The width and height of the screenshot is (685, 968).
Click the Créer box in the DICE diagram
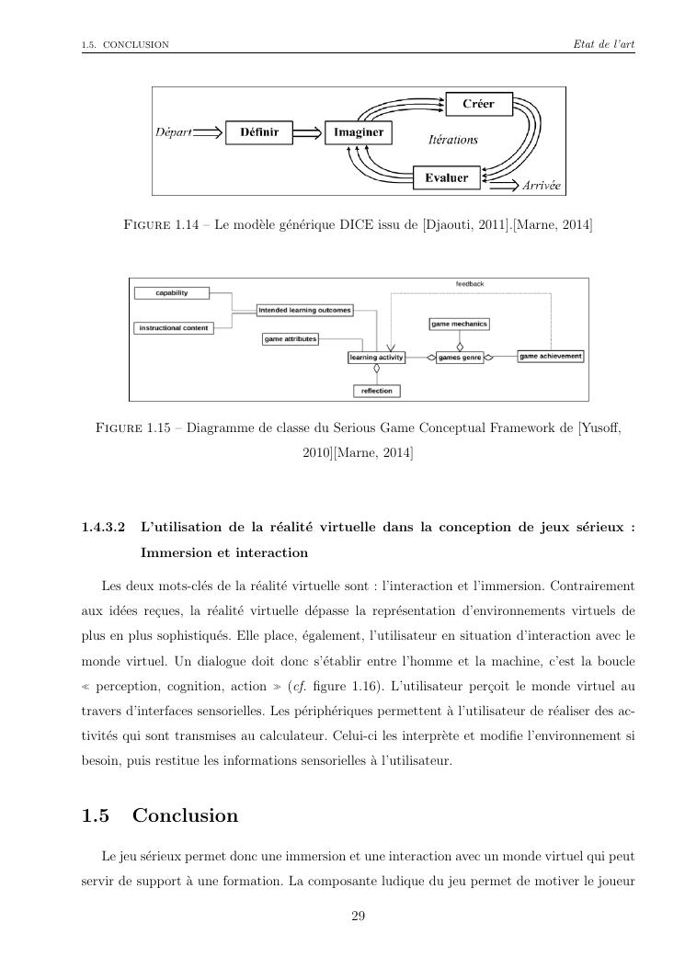point(477,104)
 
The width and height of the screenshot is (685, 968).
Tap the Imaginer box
point(359,133)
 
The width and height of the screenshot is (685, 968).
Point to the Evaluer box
point(447,177)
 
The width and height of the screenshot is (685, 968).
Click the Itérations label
point(454,140)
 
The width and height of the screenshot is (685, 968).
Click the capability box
point(172,293)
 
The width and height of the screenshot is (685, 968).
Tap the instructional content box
point(173,328)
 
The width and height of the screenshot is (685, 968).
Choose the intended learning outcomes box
point(304,311)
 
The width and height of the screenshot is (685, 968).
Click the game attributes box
point(291,339)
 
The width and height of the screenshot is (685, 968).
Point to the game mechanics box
point(459,324)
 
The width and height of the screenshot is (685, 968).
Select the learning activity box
point(375,357)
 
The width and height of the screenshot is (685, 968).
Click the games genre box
point(460,357)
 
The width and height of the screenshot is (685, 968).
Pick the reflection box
point(376,391)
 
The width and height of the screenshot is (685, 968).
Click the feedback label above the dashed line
point(470,284)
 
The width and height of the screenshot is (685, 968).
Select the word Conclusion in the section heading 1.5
point(185,815)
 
